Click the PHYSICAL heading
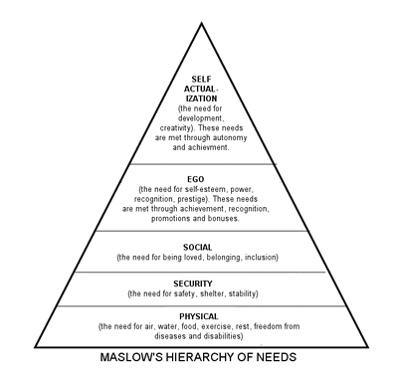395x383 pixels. pos(199,316)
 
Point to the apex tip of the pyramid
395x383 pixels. pos(200,21)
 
